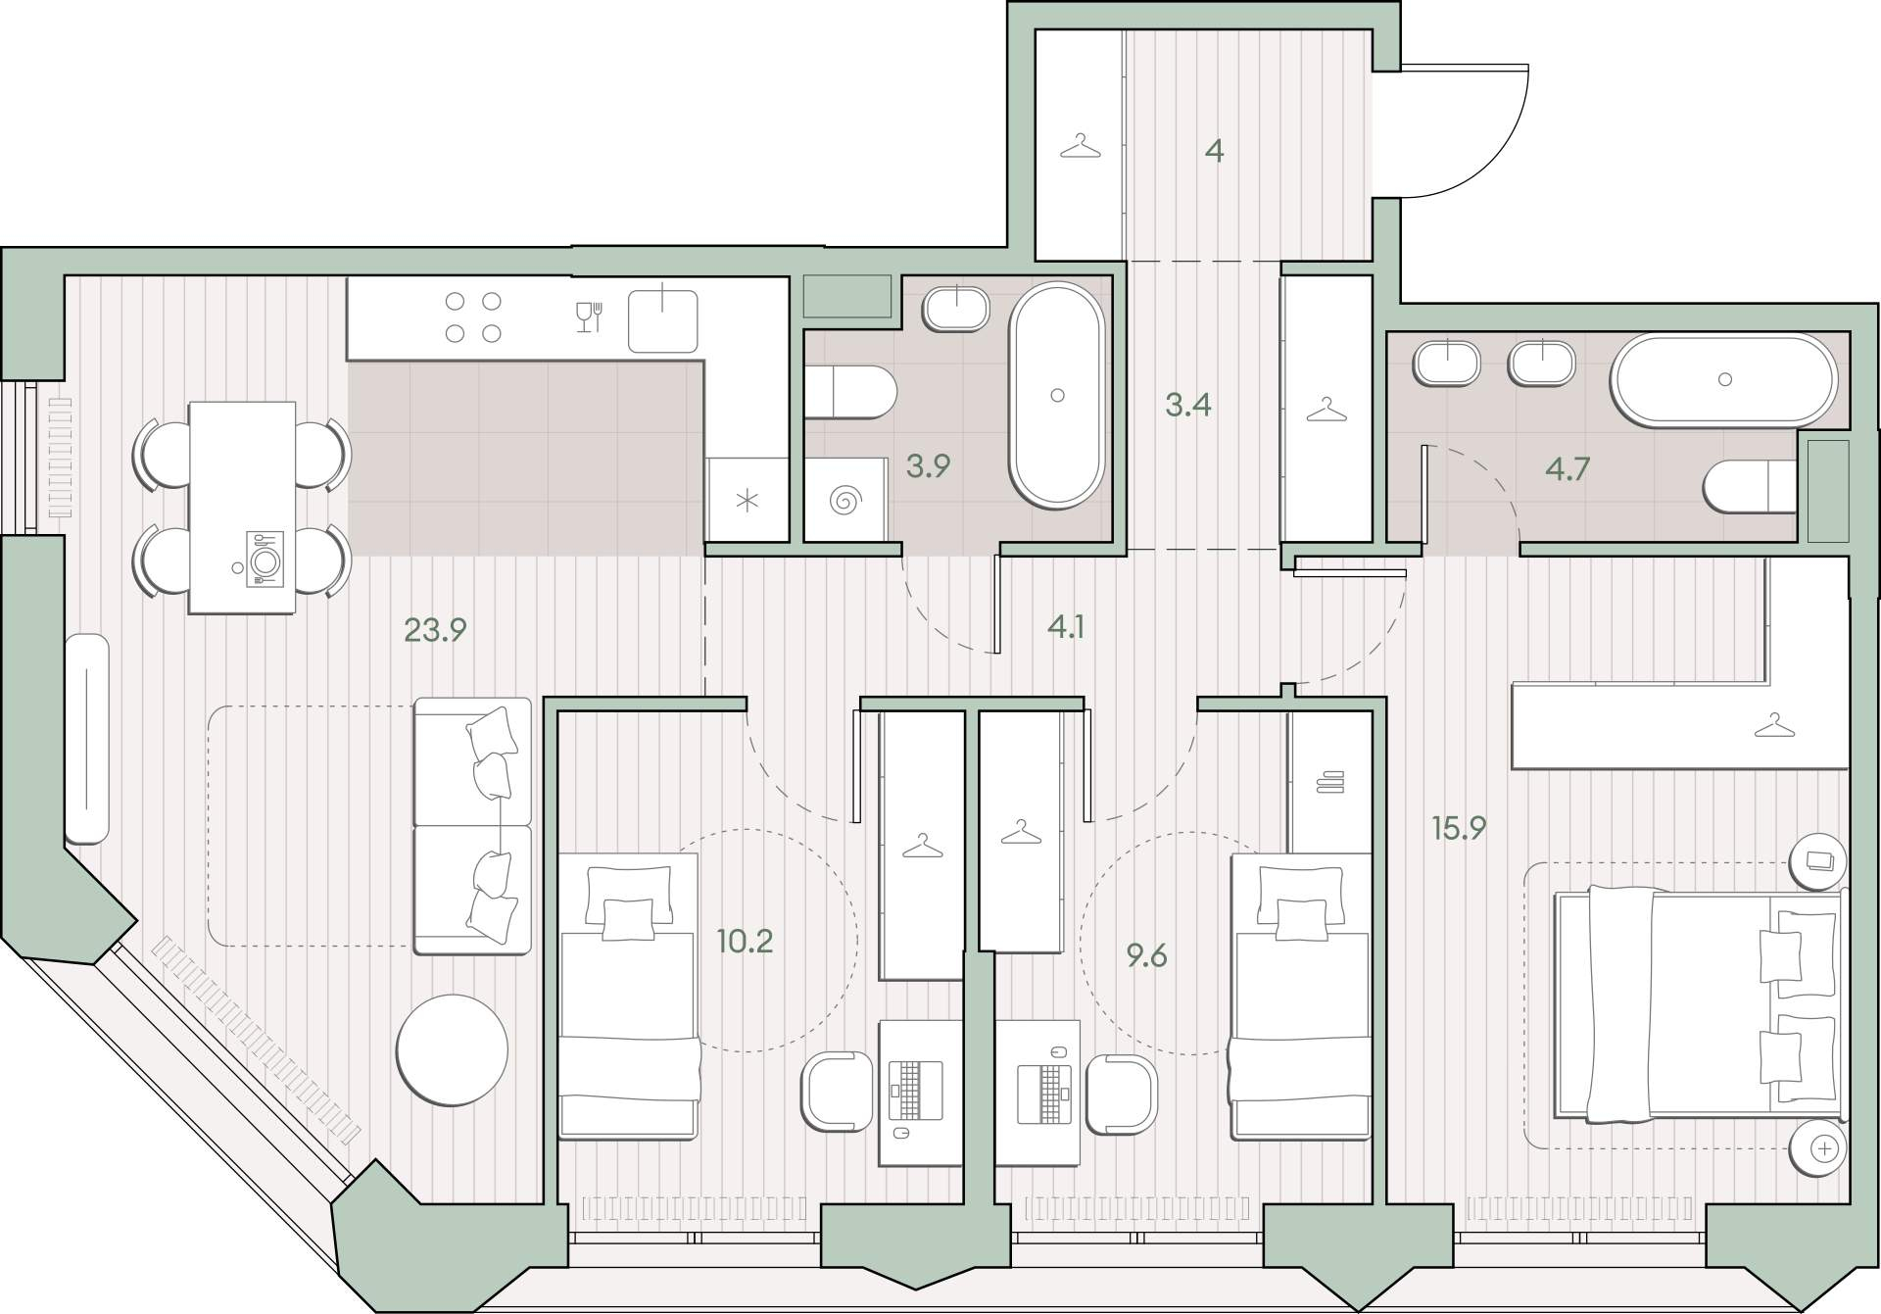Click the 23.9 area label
435,629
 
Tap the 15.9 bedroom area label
1459,828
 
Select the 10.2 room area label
745,942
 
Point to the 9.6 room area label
1146,954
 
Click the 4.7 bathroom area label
1567,469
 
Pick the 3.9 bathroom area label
928,465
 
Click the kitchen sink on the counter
663,319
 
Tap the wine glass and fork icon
589,316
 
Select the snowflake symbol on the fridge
748,502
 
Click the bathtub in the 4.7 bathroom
1725,380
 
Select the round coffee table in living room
453,1049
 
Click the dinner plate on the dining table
265,560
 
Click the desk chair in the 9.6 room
1123,1094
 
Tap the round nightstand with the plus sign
1818,1147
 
